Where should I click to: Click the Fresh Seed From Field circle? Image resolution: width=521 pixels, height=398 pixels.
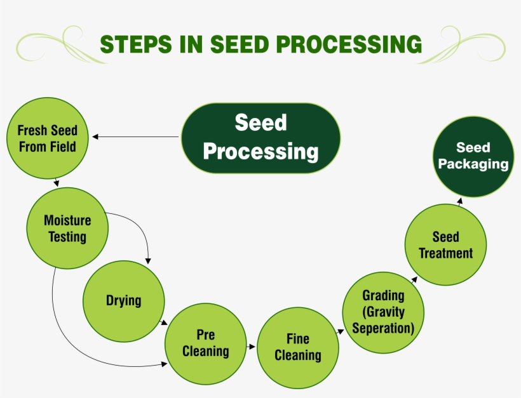[47, 138]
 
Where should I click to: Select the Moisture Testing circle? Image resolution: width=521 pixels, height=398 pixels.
[67, 229]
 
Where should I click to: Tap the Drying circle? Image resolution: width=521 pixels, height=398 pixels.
[124, 301]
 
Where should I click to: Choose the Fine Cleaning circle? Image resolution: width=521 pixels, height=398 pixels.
[297, 348]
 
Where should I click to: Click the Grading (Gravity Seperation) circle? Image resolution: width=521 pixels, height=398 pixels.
[383, 312]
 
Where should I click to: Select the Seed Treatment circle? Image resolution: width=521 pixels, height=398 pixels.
[445, 245]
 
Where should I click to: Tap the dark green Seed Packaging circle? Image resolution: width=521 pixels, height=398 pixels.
[473, 156]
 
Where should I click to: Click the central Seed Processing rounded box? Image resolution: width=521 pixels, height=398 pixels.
[260, 138]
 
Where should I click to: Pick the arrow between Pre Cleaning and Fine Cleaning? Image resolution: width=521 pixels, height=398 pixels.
[251, 347]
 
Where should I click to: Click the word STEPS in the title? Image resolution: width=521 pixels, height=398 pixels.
[132, 44]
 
